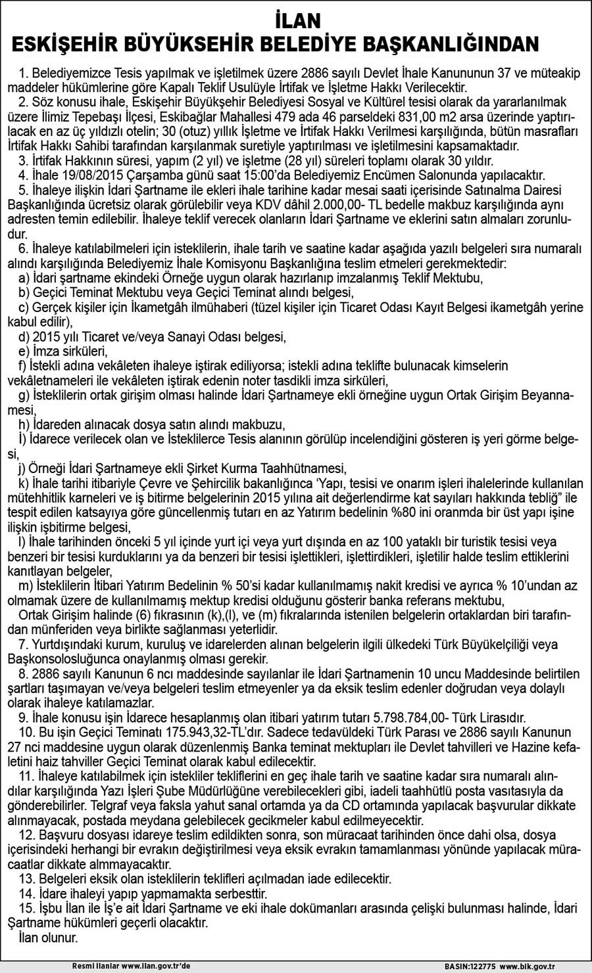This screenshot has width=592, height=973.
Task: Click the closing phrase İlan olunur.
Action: coord(49,938)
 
